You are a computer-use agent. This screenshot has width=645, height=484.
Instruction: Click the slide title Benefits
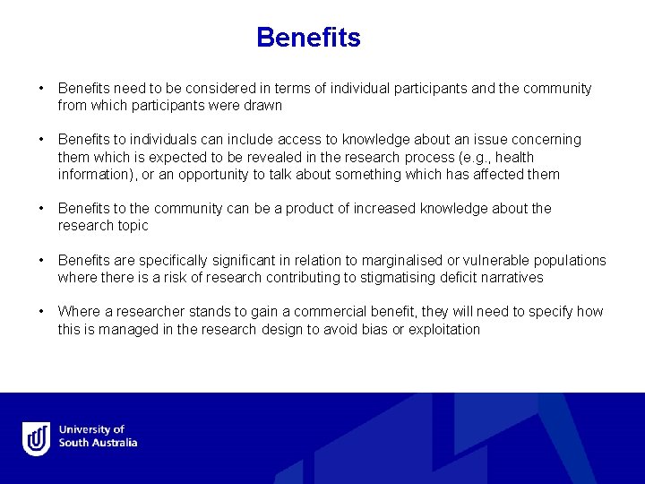pos(308,38)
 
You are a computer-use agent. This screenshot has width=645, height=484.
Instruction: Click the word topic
pos(131,226)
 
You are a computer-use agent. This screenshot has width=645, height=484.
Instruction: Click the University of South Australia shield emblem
pos(37,437)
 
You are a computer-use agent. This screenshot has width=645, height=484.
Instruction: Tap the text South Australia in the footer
pos(98,443)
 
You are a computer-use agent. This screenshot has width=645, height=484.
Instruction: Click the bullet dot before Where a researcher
pos(41,312)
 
